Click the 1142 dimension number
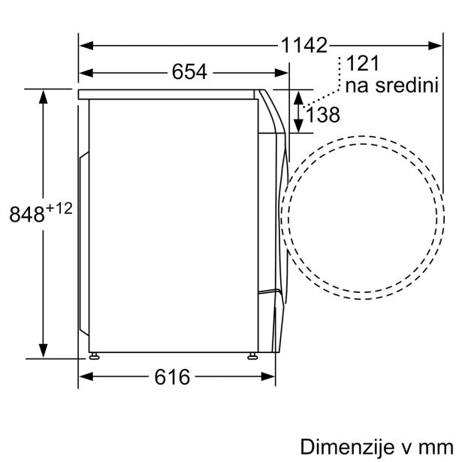pyautogui.click(x=305, y=45)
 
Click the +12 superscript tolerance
pyautogui.click(x=59, y=209)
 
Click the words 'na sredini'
pyautogui.click(x=391, y=86)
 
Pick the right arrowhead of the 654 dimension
pyautogui.click(x=283, y=72)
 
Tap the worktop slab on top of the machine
pyautogui.click(x=169, y=94)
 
